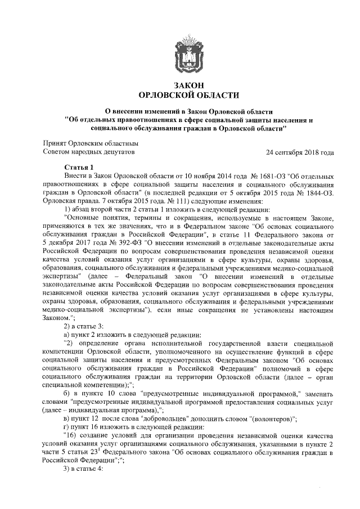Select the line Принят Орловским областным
(91, 143)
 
